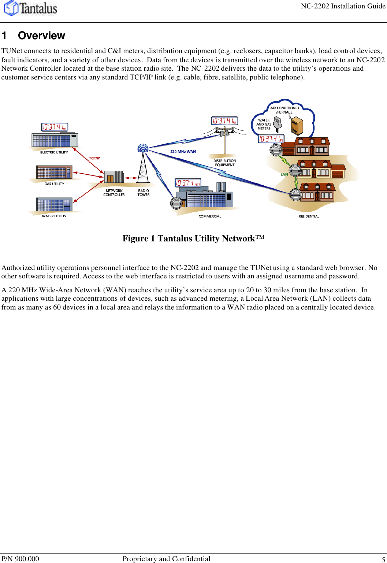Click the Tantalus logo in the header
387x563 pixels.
tap(31, 8)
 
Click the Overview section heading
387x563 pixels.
tap(41, 36)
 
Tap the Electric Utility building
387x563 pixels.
tap(55, 140)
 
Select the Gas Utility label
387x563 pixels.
tap(54, 184)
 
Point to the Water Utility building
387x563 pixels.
tap(54, 205)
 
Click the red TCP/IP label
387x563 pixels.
tap(94, 158)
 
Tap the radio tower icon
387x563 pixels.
tap(143, 165)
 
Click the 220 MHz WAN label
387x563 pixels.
tap(183, 152)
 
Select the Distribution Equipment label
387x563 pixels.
tap(225, 163)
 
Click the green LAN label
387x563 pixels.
tap(284, 174)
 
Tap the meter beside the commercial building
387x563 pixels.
tap(176, 203)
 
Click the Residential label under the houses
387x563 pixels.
tap(309, 216)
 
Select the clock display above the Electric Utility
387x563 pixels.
tap(55, 127)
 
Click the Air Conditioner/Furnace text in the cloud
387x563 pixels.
tap(284, 110)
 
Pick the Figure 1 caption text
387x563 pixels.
tap(193, 238)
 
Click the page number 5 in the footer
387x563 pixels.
tap(383, 559)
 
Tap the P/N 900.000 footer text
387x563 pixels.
tap(20, 559)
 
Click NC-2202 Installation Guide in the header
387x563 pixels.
tap(343, 6)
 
